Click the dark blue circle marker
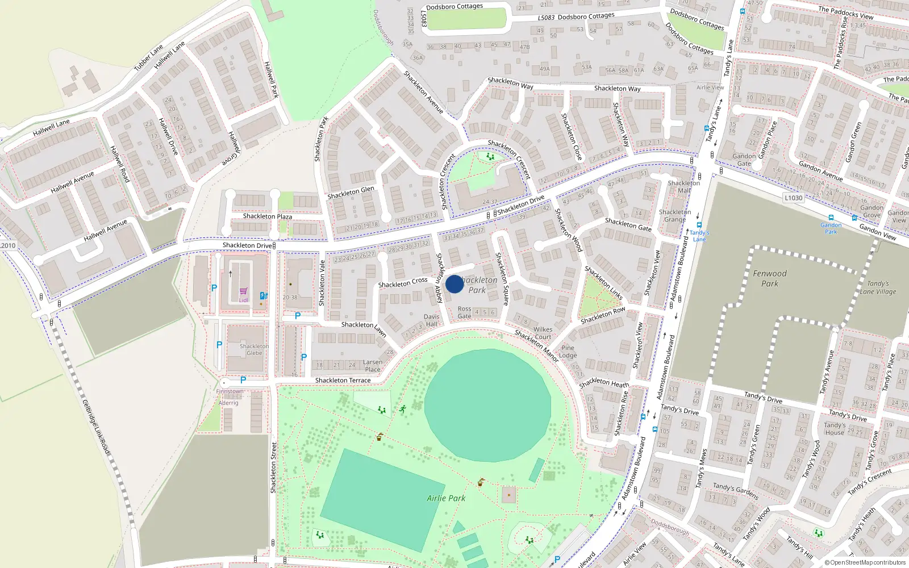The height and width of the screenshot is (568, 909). [x=454, y=284]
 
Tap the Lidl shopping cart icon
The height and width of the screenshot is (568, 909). [x=243, y=291]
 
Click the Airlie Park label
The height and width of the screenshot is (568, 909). [x=446, y=498]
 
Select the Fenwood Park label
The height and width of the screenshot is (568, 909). [x=770, y=278]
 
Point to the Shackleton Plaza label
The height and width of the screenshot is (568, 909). [x=268, y=216]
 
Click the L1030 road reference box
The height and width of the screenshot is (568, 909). [x=794, y=198]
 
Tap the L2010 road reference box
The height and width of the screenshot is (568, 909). [x=8, y=245]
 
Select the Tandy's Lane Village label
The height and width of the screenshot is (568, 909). [x=878, y=287]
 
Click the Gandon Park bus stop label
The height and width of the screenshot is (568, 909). [x=831, y=228]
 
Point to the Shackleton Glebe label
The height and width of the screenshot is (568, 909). [x=254, y=349]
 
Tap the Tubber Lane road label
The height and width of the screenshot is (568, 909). [x=148, y=57]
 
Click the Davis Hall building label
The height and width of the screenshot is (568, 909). [x=432, y=320]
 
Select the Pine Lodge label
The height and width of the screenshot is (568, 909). [x=568, y=352]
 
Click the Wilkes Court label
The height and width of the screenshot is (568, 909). [x=543, y=333]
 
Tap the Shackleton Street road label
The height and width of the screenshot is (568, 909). [x=273, y=467]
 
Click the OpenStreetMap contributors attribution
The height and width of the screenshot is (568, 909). [x=865, y=563]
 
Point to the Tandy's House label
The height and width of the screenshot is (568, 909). [x=835, y=428]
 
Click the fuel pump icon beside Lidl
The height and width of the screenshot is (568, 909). [x=263, y=295]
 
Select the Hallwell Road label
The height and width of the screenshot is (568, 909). [x=120, y=164]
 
